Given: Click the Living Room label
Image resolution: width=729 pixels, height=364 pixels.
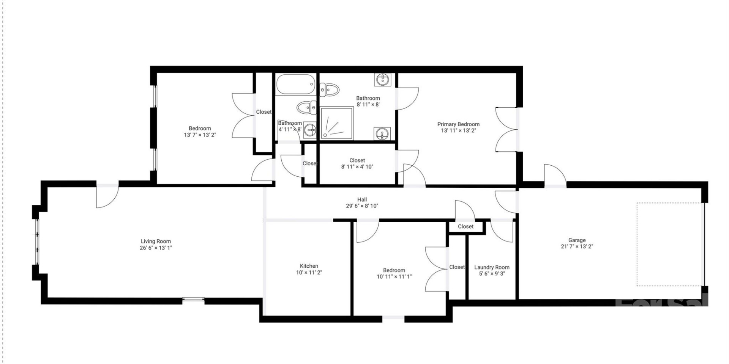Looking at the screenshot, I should click(x=156, y=241).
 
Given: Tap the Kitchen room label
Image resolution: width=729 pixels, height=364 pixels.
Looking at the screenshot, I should click(x=309, y=266).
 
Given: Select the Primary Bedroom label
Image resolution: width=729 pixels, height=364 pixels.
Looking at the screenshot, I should click(x=458, y=124).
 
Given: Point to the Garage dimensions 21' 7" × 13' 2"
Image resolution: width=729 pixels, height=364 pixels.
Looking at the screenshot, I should click(x=577, y=246).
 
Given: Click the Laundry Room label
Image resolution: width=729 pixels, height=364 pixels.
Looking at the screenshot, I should click(x=492, y=267).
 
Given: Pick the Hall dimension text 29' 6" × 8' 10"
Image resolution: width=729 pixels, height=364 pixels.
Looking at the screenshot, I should click(x=362, y=206).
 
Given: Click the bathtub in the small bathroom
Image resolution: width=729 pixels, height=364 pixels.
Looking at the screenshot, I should click(x=296, y=84).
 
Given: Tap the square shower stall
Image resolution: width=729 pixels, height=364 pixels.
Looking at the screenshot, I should click(x=337, y=123).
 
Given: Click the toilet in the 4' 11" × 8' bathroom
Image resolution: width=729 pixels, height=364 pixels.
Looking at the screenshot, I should click(x=307, y=108).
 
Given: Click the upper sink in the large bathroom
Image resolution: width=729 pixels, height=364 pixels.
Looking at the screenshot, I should click(x=383, y=80).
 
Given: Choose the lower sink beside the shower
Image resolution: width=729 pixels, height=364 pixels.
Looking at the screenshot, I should click(x=382, y=133).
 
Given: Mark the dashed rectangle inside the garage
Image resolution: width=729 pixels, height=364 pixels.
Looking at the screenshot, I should click(x=670, y=244).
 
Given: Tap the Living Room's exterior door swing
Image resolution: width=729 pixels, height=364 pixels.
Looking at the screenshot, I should click(x=107, y=196).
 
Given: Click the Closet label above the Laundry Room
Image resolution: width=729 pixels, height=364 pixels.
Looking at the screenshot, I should click(x=465, y=226).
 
